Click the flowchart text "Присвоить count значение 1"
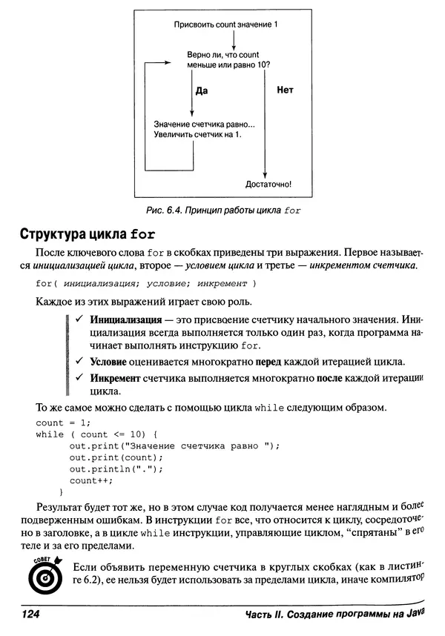[x=225, y=25]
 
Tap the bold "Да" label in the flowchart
[x=200, y=91]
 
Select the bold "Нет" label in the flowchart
[x=285, y=90]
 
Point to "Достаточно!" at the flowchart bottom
[x=268, y=184]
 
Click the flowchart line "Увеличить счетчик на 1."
[x=198, y=135]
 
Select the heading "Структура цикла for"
[x=87, y=236]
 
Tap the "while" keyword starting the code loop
[x=50, y=434]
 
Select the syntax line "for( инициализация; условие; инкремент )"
[x=145, y=283]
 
